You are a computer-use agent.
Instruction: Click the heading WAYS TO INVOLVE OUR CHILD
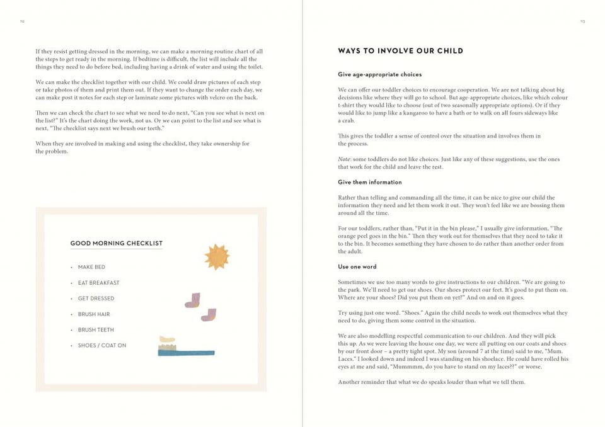400,51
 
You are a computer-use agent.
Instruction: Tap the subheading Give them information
369,183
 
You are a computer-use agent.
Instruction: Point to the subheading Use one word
357,267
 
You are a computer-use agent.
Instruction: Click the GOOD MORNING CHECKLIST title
116,243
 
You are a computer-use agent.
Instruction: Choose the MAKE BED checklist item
91,267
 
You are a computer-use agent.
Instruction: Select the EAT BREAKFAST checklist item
98,283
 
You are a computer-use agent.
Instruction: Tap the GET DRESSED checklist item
96,299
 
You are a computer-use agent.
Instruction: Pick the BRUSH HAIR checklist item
94,314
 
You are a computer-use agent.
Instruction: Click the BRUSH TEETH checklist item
96,330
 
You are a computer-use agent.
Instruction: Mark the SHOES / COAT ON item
102,346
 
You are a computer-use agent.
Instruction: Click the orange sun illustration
217,256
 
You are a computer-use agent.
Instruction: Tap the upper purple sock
193,300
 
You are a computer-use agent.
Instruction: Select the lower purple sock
209,314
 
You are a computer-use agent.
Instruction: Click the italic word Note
343,159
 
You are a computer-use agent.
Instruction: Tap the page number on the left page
21,21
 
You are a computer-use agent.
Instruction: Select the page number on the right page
582,21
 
